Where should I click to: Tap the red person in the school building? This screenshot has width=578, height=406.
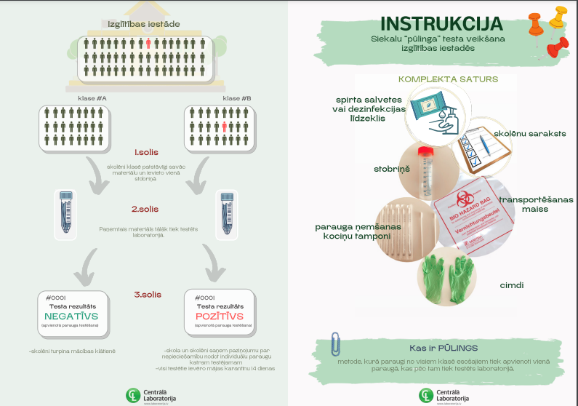tap(148, 44)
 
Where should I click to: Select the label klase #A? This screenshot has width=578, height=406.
tap(92, 97)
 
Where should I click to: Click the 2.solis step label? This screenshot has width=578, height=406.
tap(145, 209)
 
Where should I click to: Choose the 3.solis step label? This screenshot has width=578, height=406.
tap(147, 294)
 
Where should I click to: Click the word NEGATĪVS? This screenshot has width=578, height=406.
tap(72, 316)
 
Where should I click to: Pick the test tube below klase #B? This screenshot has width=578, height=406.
tap(227, 215)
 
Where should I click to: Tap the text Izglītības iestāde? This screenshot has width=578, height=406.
tap(144, 23)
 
